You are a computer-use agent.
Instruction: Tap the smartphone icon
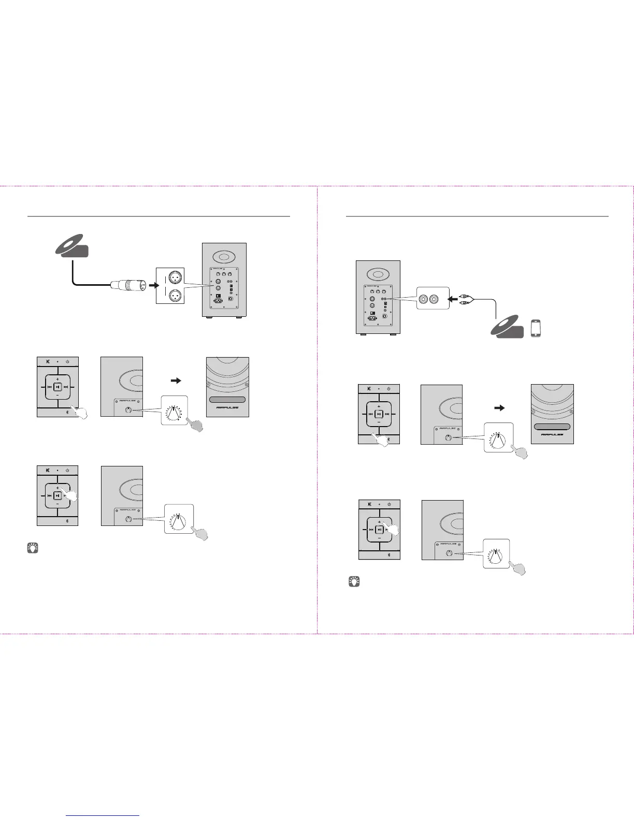pyautogui.click(x=536, y=329)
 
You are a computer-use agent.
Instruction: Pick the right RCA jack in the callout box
pyautogui.click(x=439, y=299)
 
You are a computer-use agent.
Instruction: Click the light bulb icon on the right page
pyautogui.click(x=354, y=581)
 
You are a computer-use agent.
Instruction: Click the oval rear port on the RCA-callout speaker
pyautogui.click(x=378, y=273)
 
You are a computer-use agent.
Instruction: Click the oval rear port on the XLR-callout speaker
pyautogui.click(x=224, y=257)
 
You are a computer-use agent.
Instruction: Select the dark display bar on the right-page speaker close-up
pyautogui.click(x=552, y=427)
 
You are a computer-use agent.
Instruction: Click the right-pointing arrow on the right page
pyautogui.click(x=499, y=408)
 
